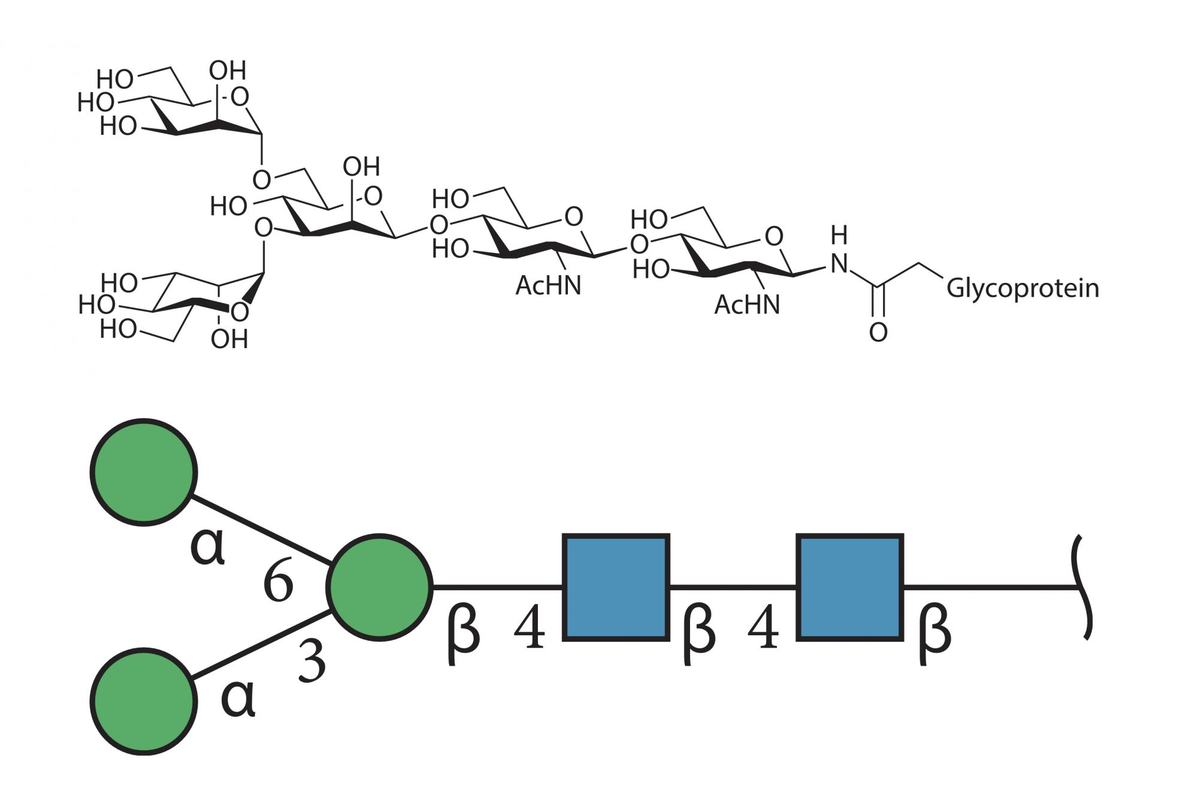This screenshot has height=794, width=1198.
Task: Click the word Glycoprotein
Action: [1022, 288]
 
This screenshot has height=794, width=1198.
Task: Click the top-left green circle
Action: [144, 472]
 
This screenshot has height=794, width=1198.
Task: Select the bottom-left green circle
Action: [144, 701]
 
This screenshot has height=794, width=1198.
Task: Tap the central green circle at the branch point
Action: [379, 587]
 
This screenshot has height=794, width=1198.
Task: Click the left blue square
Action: [616, 587]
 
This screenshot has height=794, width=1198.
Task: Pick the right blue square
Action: [849, 587]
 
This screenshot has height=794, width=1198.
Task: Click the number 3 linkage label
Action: [312, 661]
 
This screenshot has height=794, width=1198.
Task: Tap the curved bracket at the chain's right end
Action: [1083, 587]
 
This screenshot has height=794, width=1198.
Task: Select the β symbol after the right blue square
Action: [934, 632]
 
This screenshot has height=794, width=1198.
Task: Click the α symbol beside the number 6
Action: [207, 547]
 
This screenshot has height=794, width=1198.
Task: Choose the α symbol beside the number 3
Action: [238, 698]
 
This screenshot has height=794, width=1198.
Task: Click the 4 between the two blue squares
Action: [763, 627]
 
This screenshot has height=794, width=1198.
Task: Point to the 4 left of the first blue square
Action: [530, 627]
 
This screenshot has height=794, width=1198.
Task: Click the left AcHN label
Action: [548, 286]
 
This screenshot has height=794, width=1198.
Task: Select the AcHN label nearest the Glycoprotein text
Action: [747, 305]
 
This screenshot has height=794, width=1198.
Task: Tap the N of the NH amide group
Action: [839, 264]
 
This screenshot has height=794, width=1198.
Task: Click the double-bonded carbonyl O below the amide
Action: [878, 332]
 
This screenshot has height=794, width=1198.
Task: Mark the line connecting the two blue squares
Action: [733, 587]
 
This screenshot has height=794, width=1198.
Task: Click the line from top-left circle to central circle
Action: [262, 530]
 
